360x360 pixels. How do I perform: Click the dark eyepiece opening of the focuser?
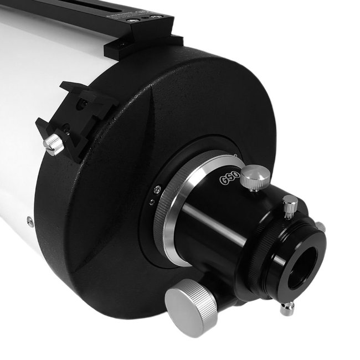coord(307,266)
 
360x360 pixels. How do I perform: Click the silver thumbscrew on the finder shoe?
coord(54,144)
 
